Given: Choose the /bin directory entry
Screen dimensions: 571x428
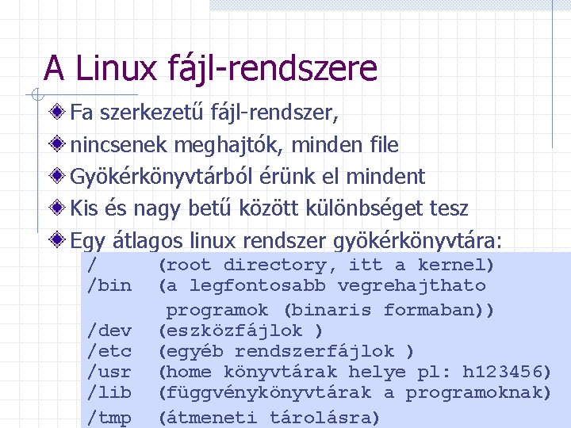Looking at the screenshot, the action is [109, 285].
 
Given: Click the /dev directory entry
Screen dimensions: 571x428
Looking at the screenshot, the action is [109, 330].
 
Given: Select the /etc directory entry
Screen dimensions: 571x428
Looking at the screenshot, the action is [109, 350].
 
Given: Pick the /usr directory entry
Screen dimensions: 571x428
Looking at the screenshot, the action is [109, 371].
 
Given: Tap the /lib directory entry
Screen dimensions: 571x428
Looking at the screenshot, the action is [109, 392].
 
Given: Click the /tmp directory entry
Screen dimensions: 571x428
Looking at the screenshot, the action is [109, 417].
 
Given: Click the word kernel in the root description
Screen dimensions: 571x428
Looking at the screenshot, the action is [456, 265].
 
